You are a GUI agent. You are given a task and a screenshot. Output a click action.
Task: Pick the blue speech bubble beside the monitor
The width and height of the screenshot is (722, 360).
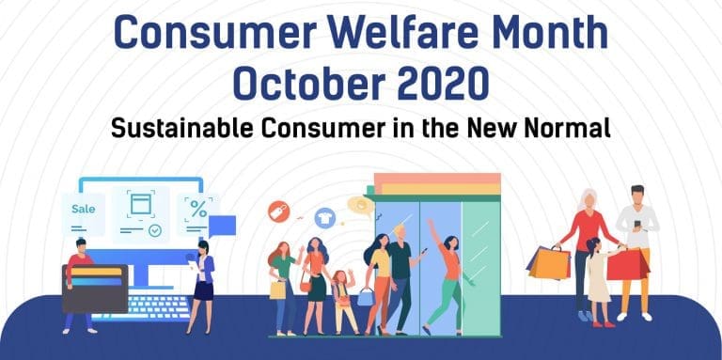223,225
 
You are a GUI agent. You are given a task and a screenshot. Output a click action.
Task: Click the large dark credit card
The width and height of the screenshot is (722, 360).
94,287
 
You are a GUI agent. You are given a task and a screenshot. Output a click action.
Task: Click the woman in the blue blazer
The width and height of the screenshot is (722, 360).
202,282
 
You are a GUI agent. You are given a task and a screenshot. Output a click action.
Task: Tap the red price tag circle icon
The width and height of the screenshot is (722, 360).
279,211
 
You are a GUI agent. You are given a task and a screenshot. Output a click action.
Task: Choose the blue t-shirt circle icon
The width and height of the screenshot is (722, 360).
325,217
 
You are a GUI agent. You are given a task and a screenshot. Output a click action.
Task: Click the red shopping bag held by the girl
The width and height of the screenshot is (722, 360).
626,264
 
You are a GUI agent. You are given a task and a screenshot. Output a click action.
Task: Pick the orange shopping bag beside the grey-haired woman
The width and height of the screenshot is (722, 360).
548,261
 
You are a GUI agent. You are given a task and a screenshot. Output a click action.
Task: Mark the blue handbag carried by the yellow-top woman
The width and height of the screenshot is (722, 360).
366,295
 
